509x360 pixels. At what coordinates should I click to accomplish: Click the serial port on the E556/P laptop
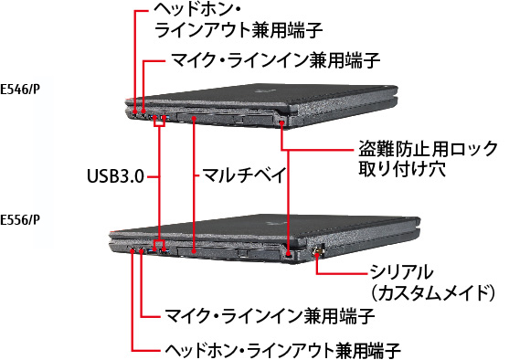[317, 249]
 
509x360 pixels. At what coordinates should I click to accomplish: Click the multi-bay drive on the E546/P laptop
[196, 117]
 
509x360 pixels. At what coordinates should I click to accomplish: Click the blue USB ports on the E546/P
[161, 118]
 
